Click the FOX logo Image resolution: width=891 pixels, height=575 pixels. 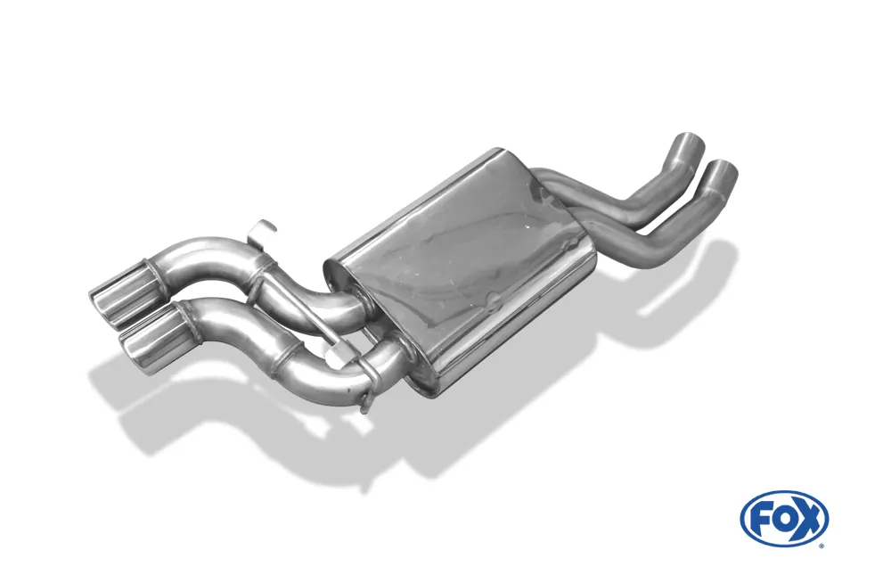[x=784, y=518]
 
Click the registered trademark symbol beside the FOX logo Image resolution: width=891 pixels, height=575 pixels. [x=821, y=545]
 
